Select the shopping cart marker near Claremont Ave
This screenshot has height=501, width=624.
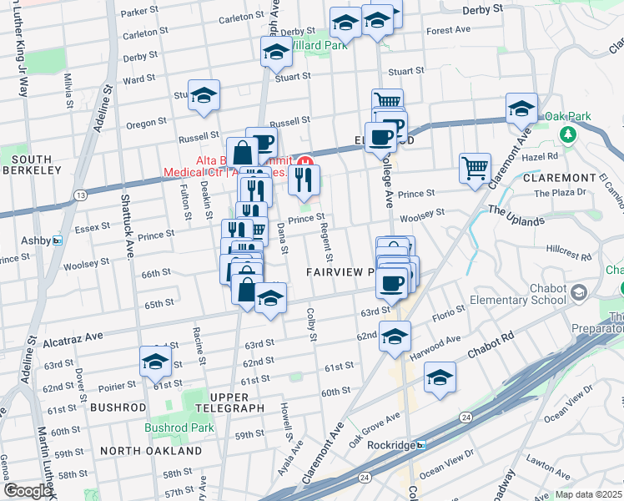(x=475, y=167)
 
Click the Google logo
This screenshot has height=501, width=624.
(x=28, y=491)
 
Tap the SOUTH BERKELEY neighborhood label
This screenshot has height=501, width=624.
(x=31, y=164)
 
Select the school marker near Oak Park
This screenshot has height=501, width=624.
(x=521, y=108)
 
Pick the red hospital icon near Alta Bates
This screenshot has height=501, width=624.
(x=305, y=162)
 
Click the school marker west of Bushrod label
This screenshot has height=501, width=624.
(x=155, y=361)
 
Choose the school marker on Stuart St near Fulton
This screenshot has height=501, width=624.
(x=203, y=96)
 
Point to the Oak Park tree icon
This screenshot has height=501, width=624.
(x=568, y=134)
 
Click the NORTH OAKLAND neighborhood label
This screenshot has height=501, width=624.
(x=151, y=451)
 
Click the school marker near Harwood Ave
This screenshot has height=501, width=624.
(x=439, y=377)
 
